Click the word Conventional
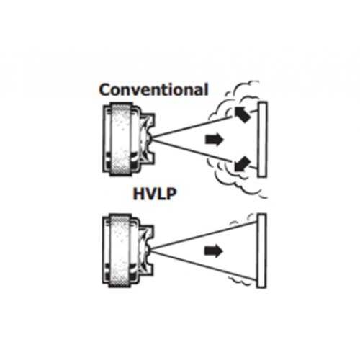(x=153, y=89)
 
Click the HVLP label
(x=155, y=194)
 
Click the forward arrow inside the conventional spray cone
(x=215, y=140)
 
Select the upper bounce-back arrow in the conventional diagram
(x=242, y=114)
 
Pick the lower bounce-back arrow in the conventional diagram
(x=243, y=164)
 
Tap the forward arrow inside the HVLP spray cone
(x=214, y=251)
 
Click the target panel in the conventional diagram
(x=262, y=140)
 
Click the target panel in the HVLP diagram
(x=261, y=251)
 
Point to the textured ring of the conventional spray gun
(x=121, y=139)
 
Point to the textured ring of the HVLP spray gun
(x=121, y=251)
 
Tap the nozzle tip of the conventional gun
(x=150, y=139)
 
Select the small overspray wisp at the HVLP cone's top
(x=243, y=219)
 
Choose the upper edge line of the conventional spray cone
(x=192, y=127)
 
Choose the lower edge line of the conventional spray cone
(x=193, y=151)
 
